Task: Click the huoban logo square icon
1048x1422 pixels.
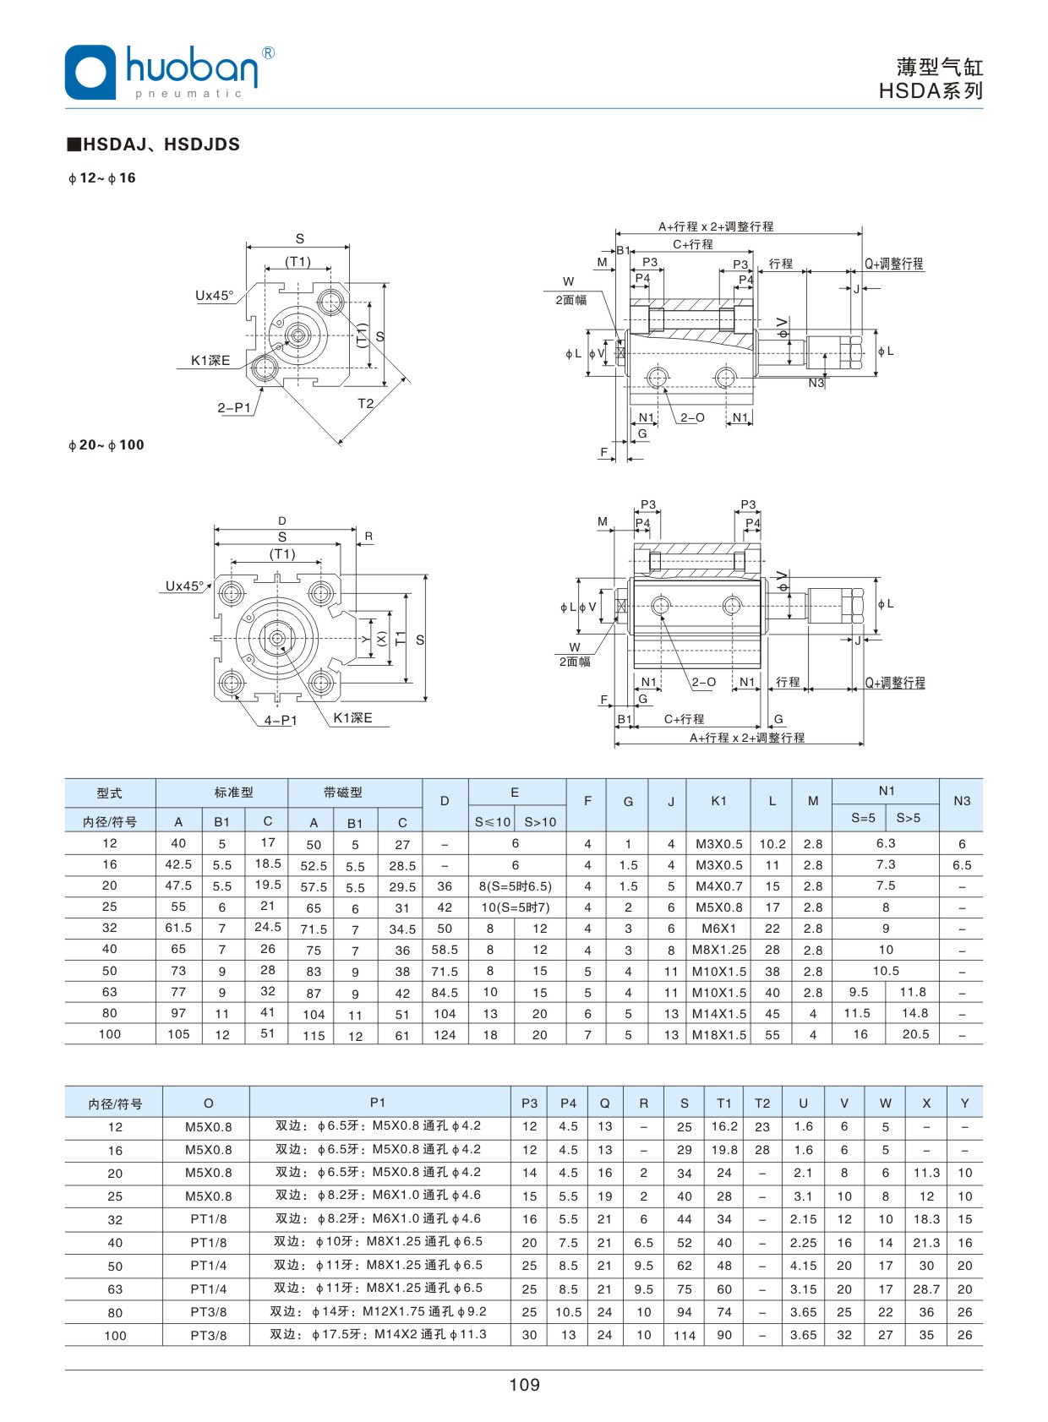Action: click(x=90, y=73)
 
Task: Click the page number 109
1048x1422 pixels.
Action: click(x=524, y=1384)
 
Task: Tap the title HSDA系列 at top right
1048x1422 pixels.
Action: click(x=931, y=91)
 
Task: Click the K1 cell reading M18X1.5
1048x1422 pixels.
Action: click(x=719, y=1035)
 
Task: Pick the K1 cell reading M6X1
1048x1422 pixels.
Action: click(x=719, y=929)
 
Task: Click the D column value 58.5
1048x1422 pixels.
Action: click(x=445, y=950)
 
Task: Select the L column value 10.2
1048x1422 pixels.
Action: click(x=772, y=843)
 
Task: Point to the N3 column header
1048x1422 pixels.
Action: click(x=962, y=801)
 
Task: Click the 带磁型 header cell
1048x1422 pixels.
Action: click(x=343, y=793)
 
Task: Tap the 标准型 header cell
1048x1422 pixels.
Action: click(x=233, y=793)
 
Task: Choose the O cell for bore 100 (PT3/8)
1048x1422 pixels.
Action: click(x=208, y=1336)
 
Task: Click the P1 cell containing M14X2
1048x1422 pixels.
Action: click(x=378, y=1335)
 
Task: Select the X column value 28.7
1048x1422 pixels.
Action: click(x=926, y=1289)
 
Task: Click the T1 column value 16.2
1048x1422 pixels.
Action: click(x=724, y=1126)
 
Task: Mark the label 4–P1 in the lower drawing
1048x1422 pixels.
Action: click(x=281, y=721)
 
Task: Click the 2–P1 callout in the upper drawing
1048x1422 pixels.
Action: click(x=234, y=407)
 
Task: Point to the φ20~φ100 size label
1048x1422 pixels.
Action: click(x=106, y=445)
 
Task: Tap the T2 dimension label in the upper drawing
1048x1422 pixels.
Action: click(x=365, y=404)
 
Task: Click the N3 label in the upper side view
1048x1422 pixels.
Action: click(x=816, y=383)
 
